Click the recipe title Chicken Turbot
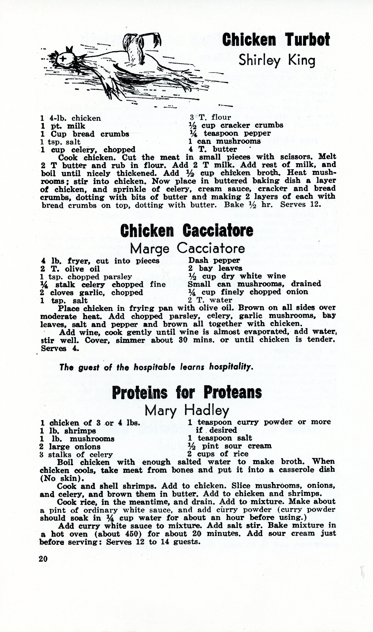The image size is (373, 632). [276, 40]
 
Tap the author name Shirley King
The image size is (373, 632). [277, 60]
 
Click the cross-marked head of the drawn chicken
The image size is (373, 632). [62, 58]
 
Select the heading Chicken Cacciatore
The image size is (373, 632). [186, 231]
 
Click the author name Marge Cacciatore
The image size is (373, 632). [187, 248]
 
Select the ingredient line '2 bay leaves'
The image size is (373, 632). [215, 268]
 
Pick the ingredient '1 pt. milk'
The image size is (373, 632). [63, 126]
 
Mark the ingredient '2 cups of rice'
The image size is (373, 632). [218, 454]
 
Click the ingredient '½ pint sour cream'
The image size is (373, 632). [230, 446]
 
